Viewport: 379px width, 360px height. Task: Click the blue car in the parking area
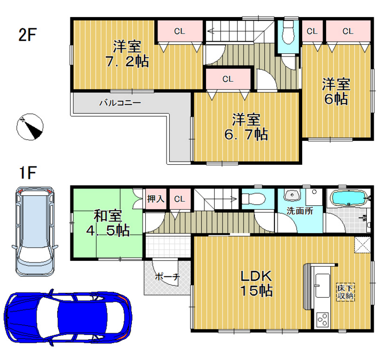coord(68,317)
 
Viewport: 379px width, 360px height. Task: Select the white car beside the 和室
coord(35,231)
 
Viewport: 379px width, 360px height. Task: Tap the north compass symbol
coord(30,127)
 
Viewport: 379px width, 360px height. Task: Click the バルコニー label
coord(120,103)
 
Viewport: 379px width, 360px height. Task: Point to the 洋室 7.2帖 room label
coord(127,54)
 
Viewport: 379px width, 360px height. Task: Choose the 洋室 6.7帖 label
coord(246,127)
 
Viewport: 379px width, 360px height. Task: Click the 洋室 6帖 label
coord(336,91)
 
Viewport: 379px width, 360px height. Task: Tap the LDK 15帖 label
coord(256,283)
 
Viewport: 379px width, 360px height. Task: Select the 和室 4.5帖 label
coord(108,223)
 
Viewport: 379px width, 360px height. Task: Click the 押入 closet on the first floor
coord(156,199)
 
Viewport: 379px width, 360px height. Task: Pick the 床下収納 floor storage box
coord(346,292)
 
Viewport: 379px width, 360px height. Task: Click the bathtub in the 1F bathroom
coord(349,198)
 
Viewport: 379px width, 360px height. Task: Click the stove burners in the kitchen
coord(323,319)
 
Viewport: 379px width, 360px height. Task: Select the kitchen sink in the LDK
coord(322,286)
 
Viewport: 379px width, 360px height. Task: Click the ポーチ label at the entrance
coord(167,277)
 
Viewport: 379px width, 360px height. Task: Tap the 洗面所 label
coord(299,211)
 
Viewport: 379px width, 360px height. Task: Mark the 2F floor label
coord(28,35)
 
